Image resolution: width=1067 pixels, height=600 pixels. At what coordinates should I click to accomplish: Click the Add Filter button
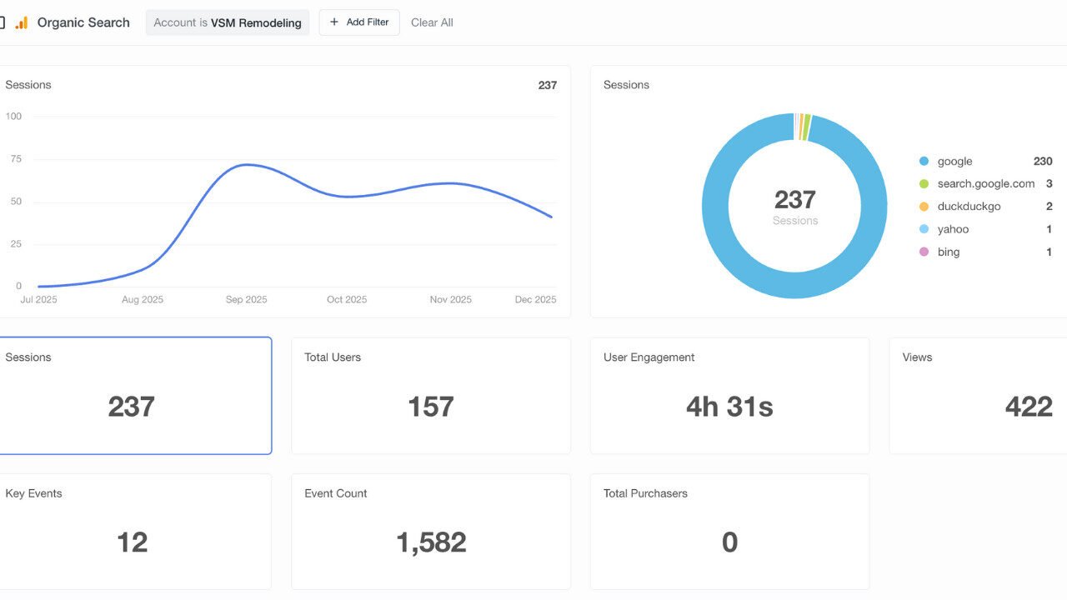(x=359, y=22)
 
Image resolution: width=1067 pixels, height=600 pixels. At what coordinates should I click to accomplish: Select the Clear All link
(x=432, y=22)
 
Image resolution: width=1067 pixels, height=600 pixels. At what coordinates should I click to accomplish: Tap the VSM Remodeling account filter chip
(x=228, y=22)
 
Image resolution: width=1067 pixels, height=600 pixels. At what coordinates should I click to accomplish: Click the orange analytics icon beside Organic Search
(x=22, y=23)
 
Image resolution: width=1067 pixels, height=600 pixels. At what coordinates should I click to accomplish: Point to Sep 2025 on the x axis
(x=247, y=300)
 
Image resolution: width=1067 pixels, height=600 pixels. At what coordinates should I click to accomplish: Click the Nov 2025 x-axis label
(x=450, y=300)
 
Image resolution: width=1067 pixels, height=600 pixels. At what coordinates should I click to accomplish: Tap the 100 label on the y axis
(x=13, y=117)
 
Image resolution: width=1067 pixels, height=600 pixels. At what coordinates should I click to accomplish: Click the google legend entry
(x=954, y=162)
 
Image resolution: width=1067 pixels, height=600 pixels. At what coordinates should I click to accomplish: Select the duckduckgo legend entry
(x=969, y=207)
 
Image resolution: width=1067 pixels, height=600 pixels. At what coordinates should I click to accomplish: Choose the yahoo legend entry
(x=953, y=229)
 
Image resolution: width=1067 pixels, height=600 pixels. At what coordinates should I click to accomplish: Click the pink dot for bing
(x=924, y=252)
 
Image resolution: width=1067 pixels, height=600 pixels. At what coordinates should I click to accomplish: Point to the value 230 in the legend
(x=1042, y=162)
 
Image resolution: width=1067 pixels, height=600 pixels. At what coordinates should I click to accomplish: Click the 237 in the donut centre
(x=794, y=200)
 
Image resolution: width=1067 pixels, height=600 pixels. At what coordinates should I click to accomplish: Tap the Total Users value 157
(x=431, y=407)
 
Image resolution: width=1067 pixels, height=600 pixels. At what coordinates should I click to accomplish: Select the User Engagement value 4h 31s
(x=729, y=407)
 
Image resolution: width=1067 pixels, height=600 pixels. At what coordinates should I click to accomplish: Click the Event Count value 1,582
(x=431, y=542)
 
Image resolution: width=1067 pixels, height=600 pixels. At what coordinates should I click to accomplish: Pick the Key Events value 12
(x=132, y=542)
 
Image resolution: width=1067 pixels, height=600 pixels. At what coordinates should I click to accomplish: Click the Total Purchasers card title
(x=645, y=493)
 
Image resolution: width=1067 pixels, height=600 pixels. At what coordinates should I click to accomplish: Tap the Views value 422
(x=1029, y=407)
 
